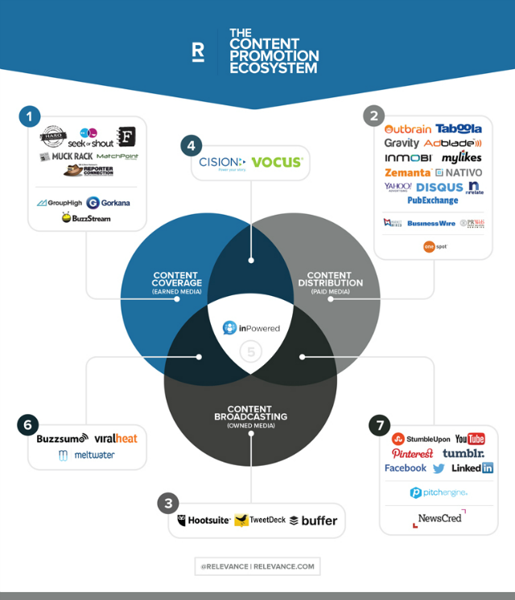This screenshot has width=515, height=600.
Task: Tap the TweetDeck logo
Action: (x=259, y=520)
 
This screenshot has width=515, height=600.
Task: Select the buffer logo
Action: (x=313, y=520)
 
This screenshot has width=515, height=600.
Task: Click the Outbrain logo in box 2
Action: (x=408, y=129)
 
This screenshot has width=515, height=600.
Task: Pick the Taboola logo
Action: (x=459, y=129)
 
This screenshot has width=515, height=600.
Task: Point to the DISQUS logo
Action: (x=439, y=187)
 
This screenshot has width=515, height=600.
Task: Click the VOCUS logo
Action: (x=276, y=162)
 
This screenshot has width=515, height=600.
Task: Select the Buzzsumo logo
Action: (x=63, y=439)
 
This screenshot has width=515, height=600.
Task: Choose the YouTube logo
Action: (x=470, y=438)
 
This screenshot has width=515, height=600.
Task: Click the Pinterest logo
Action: (x=412, y=454)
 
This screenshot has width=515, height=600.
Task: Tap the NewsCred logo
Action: (x=439, y=519)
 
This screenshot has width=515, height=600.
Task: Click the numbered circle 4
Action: (x=191, y=146)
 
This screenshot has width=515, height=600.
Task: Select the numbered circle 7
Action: (x=379, y=425)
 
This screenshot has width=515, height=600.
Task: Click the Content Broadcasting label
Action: (x=249, y=416)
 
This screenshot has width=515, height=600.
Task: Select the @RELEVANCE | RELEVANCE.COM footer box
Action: (x=257, y=566)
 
